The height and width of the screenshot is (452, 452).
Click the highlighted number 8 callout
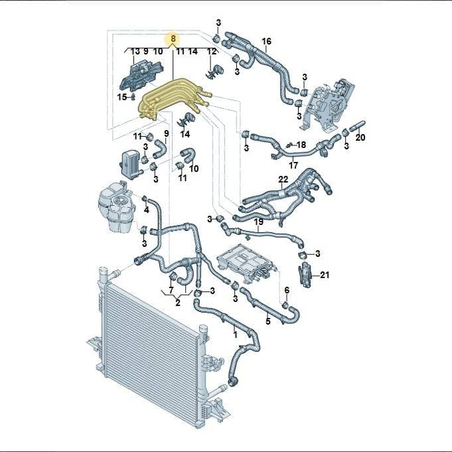(173, 38)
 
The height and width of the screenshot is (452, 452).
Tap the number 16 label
(266, 41)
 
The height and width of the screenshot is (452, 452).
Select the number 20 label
(360, 137)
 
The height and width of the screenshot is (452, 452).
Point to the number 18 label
(301, 145)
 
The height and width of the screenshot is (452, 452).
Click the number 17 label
(293, 165)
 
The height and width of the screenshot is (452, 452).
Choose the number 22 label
(283, 179)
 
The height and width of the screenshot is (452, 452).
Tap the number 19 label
(259, 222)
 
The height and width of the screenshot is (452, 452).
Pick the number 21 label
(325, 275)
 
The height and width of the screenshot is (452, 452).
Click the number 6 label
(287, 290)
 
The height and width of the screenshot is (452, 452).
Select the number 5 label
(268, 321)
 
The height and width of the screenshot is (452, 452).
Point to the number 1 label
(235, 335)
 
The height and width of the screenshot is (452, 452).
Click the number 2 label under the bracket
(178, 303)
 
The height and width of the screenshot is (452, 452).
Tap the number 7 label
(171, 290)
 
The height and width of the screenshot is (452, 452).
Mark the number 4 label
(147, 210)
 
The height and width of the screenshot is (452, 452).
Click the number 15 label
(121, 97)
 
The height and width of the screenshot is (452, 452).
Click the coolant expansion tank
(115, 206)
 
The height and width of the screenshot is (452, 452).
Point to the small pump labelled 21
(305, 274)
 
